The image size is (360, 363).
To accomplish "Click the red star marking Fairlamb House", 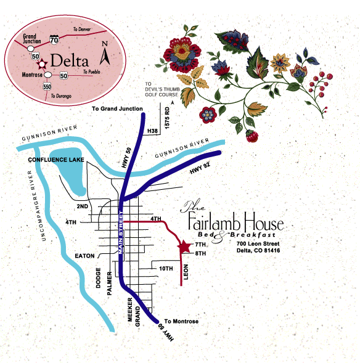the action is click(184, 247).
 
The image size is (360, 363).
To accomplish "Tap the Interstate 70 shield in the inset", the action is click(54, 40).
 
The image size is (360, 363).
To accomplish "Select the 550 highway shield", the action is click(47, 87).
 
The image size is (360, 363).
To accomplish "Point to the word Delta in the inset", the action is click(70, 60).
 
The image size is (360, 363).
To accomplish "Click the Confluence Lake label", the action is click(56, 160).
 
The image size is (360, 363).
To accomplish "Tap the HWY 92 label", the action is click(200, 168).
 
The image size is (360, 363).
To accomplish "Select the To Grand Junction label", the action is click(117, 108).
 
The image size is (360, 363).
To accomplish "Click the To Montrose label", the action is click(181, 321).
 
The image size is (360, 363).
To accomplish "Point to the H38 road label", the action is click(152, 131).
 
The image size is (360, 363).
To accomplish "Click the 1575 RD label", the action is click(167, 118).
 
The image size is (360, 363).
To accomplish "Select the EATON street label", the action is click(84, 256).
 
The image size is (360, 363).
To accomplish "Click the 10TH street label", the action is click(166, 269).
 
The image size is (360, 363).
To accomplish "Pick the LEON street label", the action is click(186, 272).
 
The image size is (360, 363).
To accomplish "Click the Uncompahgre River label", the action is click(36, 206).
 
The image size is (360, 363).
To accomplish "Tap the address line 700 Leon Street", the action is click(258, 243).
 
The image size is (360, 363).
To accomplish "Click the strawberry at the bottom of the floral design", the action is click(252, 136).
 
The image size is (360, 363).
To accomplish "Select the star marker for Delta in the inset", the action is click(42, 64).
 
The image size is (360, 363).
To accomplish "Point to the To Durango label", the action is click(61, 96).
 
